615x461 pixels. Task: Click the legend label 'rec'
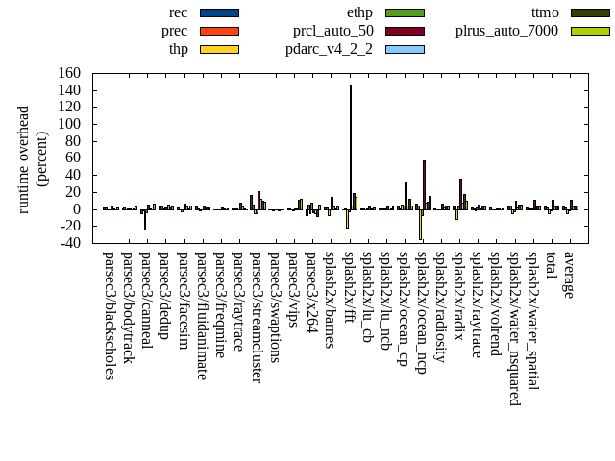(x=178, y=12)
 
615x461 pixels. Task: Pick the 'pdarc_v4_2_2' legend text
(x=330, y=49)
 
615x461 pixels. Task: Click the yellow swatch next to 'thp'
(x=219, y=49)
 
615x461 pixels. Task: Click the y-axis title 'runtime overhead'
(x=24, y=159)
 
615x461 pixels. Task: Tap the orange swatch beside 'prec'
(x=219, y=31)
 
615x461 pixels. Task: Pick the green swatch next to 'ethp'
(x=405, y=12)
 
